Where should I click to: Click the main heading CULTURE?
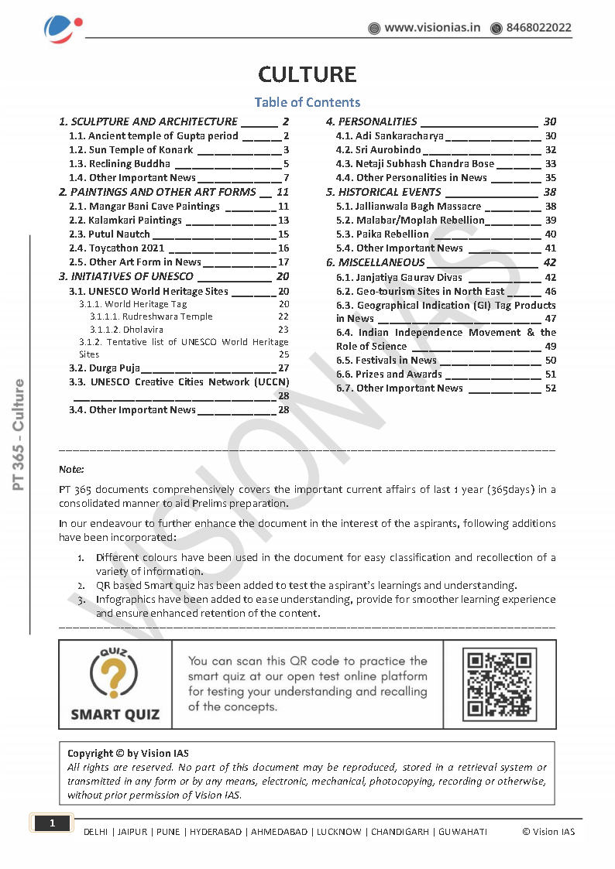pos(307,74)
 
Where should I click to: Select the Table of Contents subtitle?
pos(307,102)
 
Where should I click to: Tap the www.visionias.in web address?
pos(432,28)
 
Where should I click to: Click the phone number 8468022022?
pos(538,28)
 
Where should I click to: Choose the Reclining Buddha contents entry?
pos(130,164)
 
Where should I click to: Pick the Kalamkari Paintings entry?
pos(136,221)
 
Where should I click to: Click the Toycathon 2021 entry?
pos(127,248)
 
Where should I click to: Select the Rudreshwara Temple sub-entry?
pos(151,316)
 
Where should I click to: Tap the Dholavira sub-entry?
pos(126,330)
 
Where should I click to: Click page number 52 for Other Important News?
pos(550,388)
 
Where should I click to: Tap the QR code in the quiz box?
pos(500,684)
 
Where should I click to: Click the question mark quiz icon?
pos(115,673)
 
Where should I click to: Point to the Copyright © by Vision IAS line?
pos(128,753)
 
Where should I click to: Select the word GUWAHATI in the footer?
pos(463,832)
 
